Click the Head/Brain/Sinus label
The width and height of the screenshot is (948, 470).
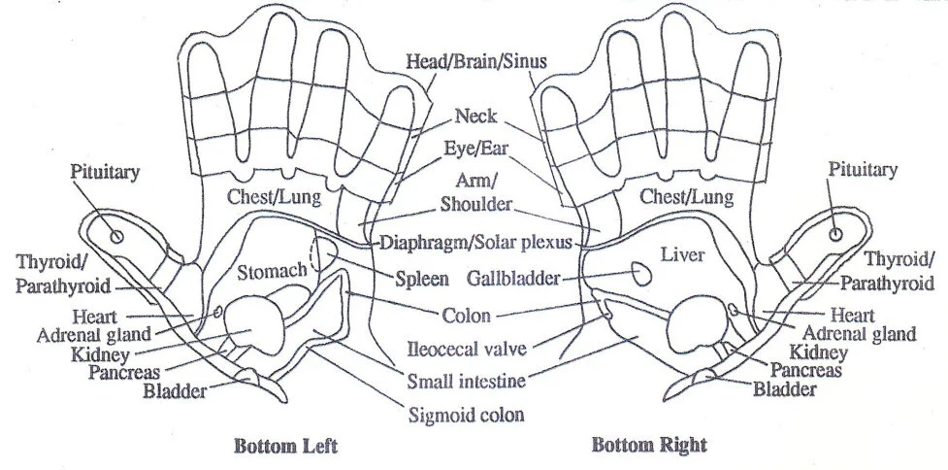click(x=475, y=61)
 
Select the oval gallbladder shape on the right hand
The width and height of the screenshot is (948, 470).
click(x=640, y=273)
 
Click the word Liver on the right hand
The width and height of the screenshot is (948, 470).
click(x=681, y=254)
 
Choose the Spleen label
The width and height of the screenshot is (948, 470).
click(x=422, y=279)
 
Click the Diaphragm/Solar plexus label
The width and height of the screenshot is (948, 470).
click(x=475, y=241)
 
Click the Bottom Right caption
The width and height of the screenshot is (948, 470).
click(x=649, y=447)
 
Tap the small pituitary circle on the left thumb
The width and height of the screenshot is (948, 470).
click(x=116, y=234)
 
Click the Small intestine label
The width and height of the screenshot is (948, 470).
click(x=467, y=380)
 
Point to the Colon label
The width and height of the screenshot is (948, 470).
click(x=465, y=315)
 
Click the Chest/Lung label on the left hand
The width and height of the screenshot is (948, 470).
click(x=268, y=197)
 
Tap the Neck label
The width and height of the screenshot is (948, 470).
click(x=475, y=117)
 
